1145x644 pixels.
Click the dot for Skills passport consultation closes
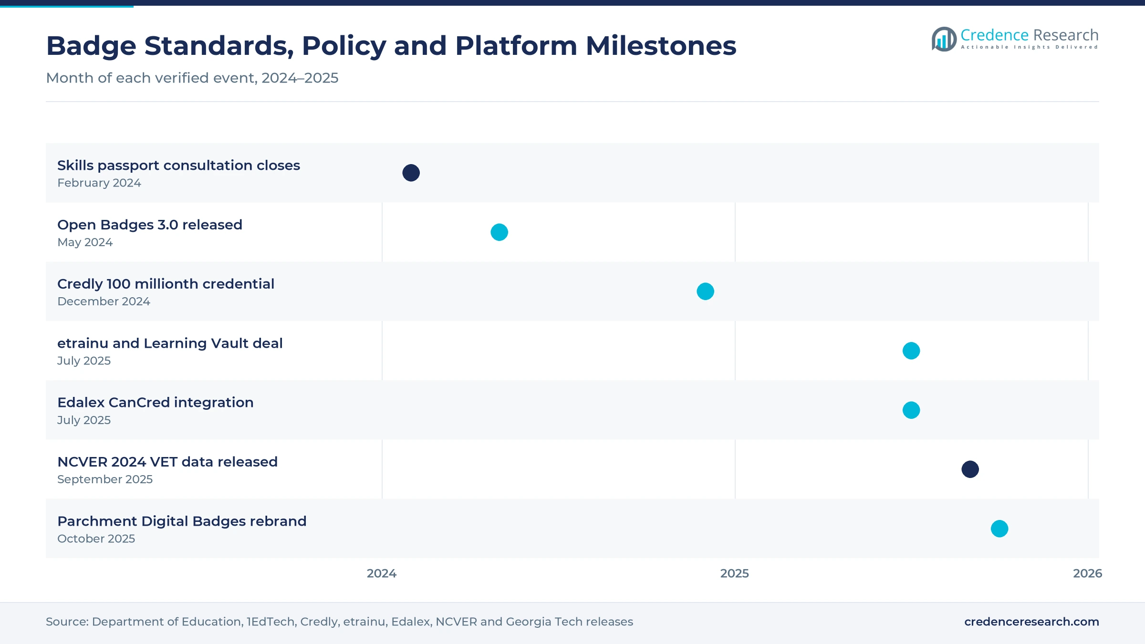click(411, 173)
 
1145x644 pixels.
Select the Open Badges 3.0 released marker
click(499, 232)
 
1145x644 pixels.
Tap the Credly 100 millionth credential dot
click(705, 291)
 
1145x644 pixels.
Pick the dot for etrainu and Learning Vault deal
click(911, 351)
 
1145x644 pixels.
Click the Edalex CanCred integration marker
click(911, 410)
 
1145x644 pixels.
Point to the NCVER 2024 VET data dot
click(970, 469)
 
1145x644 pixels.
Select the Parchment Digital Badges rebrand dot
click(999, 529)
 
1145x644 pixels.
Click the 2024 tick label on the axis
click(382, 573)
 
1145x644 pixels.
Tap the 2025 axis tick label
click(735, 573)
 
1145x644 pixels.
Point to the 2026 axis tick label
click(1088, 573)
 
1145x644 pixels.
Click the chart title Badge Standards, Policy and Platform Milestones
click(391, 46)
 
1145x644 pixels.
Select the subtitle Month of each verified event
click(192, 78)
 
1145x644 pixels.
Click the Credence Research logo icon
click(944, 39)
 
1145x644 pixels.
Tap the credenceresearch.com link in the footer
click(1031, 622)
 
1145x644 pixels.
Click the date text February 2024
click(99, 183)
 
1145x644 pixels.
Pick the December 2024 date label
click(104, 301)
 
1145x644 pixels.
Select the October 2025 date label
click(96, 539)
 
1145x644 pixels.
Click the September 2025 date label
click(105, 479)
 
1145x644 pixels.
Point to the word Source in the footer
click(67, 622)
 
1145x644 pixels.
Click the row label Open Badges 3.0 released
click(150, 225)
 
